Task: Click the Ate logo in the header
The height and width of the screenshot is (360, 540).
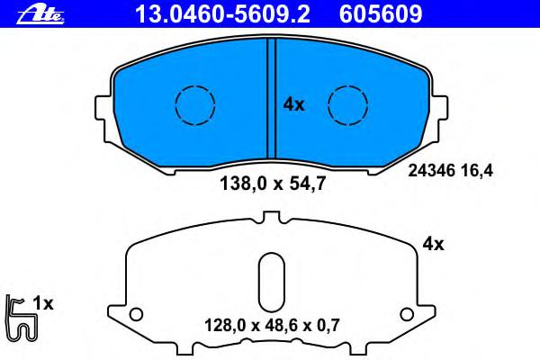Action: point(40,15)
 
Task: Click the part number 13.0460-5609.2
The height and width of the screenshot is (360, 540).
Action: point(222,14)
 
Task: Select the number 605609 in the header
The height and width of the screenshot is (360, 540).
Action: point(381,14)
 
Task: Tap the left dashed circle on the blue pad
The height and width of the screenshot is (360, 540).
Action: point(195,104)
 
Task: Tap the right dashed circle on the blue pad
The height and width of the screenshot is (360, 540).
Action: point(347,104)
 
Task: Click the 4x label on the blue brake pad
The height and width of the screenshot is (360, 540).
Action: point(293,104)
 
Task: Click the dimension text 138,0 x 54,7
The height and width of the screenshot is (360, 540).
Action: point(273,184)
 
